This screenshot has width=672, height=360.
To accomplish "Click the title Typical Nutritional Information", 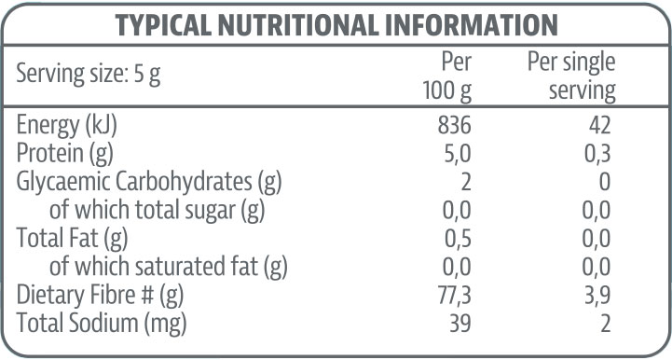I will pyautogui.click(x=336, y=25).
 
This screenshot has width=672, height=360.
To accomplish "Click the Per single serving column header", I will pyautogui.click(x=571, y=76).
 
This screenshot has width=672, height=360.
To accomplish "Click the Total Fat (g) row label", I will pyautogui.click(x=70, y=239).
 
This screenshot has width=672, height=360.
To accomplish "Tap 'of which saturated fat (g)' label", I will pyautogui.click(x=168, y=268).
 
